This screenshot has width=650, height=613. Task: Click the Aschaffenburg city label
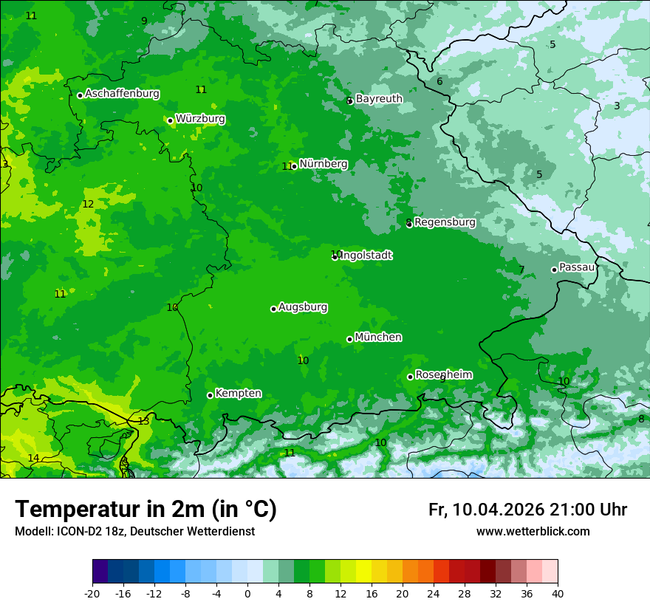[x=122, y=94]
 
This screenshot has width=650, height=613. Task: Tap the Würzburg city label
[x=200, y=119]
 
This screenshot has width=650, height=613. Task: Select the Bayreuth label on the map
[x=379, y=98]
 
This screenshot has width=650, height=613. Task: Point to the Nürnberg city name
[x=324, y=164]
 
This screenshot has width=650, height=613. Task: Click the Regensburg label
[x=445, y=222]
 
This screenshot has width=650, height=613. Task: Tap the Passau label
[x=577, y=267]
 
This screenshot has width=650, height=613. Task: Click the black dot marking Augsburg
[x=273, y=309]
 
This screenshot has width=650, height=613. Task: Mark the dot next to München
[x=349, y=339]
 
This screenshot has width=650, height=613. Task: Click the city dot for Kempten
[x=210, y=395]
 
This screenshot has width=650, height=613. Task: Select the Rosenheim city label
[x=443, y=374]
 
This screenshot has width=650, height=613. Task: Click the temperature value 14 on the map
[x=33, y=458]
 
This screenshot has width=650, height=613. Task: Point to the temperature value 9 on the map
[x=144, y=21]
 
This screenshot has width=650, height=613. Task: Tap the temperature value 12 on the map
[x=88, y=204]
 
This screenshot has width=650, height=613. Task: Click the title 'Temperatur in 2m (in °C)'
[x=146, y=510]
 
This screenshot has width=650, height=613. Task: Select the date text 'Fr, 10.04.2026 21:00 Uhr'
[x=527, y=510]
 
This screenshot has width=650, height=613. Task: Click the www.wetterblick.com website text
[x=533, y=531]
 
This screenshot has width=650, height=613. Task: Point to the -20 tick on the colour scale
[x=92, y=593]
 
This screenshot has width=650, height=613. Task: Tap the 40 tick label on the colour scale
[x=557, y=593]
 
